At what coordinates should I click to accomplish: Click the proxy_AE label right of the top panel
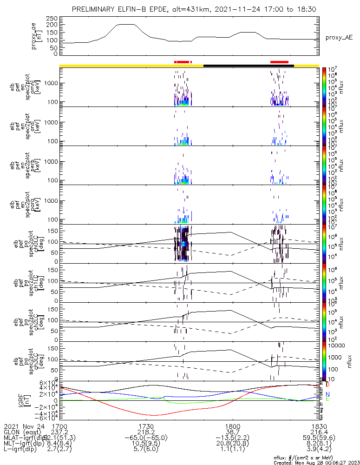point(338,37)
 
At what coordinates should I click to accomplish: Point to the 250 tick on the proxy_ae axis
point(52,18)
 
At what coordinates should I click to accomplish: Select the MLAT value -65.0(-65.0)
point(146,438)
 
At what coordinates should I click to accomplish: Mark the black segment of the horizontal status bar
point(249,66)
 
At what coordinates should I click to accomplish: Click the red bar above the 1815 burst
point(279,62)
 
